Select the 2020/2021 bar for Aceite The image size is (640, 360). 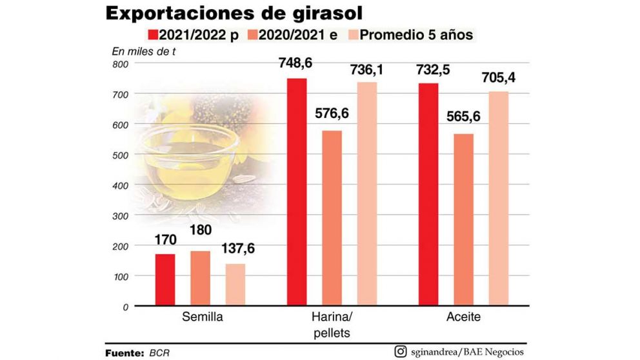463,219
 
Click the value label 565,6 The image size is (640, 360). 463,119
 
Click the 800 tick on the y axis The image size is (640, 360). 121,64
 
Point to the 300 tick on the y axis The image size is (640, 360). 121,215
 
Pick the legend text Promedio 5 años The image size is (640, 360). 416,34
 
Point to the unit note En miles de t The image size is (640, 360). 145,51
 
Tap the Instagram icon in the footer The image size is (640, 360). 400,351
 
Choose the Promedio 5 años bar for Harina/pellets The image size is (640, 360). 367,194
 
